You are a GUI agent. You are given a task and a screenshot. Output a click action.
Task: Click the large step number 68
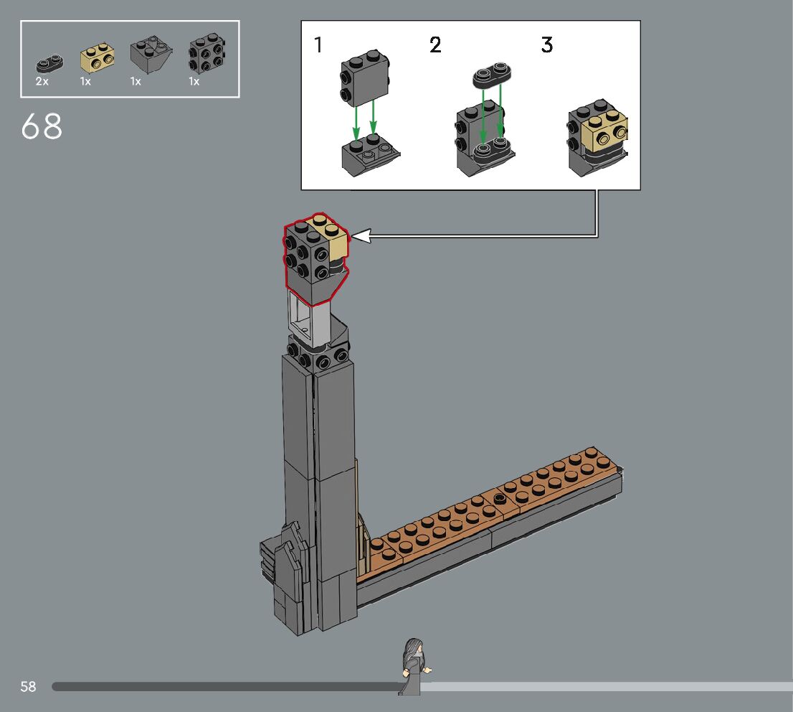click(42, 126)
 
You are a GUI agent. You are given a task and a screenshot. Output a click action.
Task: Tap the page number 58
click(29, 686)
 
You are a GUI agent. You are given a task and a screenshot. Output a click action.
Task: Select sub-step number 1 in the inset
click(318, 44)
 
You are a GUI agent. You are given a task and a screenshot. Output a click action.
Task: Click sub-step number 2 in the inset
click(435, 44)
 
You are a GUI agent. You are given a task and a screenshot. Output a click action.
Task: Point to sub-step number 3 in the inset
click(546, 44)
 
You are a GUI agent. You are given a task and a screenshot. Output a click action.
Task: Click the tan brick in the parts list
click(97, 57)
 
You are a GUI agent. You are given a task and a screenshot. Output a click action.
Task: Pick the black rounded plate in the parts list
click(49, 63)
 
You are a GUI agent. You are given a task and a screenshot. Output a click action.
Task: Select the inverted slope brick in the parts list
click(151, 54)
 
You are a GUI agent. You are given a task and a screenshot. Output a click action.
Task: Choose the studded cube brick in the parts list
click(206, 52)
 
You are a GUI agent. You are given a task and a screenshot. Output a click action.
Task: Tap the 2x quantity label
click(42, 81)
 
